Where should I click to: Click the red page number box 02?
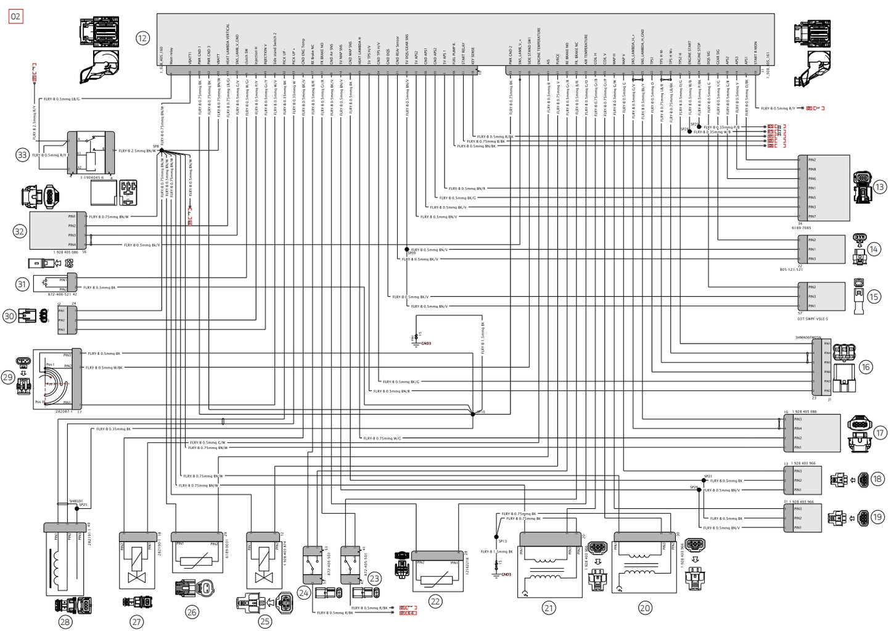(x=15, y=17)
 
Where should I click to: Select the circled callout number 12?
(x=142, y=38)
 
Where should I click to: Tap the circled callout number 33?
(x=22, y=155)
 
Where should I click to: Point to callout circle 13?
(x=879, y=186)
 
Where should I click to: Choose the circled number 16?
(x=865, y=367)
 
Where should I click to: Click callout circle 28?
(x=65, y=622)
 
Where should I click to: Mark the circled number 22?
(x=435, y=601)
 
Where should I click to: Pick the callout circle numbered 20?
(x=644, y=608)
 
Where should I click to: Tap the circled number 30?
(x=9, y=316)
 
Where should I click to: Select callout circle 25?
(x=265, y=621)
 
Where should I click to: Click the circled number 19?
(x=877, y=518)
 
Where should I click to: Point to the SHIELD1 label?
(x=75, y=501)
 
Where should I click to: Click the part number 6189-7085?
(x=801, y=228)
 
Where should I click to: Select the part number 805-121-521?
(x=791, y=270)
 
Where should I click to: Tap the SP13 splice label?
(x=503, y=541)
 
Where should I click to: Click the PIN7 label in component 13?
(x=811, y=217)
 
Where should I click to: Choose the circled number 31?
(x=22, y=284)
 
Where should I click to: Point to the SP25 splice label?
(x=83, y=505)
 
